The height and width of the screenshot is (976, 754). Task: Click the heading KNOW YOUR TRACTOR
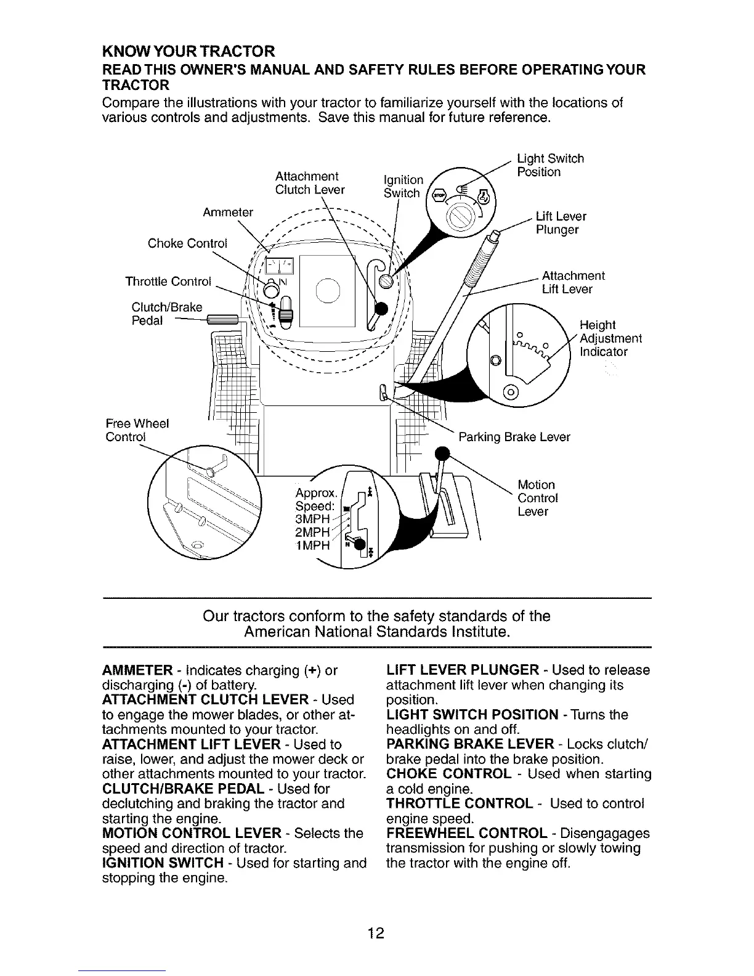tap(188, 50)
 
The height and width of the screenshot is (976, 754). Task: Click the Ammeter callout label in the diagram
tap(228, 213)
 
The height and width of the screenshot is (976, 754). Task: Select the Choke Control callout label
tap(187, 243)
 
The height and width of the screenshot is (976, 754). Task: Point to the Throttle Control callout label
tap(168, 282)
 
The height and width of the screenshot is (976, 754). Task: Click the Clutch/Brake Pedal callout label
tap(167, 314)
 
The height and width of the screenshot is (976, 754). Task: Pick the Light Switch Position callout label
tap(550, 165)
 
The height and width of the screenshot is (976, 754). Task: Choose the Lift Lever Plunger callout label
tap(561, 223)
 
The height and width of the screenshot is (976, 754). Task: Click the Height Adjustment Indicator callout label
tap(610, 338)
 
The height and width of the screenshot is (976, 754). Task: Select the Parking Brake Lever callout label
tap(514, 437)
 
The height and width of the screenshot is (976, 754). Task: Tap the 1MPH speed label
tap(314, 546)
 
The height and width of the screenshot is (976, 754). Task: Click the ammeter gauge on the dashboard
tap(280, 266)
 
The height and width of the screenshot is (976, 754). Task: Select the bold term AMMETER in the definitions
tap(136, 670)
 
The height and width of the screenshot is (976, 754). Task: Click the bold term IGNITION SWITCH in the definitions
tap(162, 863)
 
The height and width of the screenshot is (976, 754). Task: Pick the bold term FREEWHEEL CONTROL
tap(467, 834)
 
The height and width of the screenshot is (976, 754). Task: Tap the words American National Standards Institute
tap(376, 632)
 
